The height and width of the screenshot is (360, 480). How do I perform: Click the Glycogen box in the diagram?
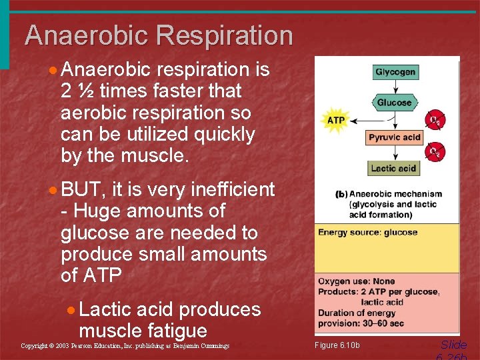(395, 72)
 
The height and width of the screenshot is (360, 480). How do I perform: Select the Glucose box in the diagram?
(395, 103)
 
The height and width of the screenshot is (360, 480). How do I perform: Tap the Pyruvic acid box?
(395, 137)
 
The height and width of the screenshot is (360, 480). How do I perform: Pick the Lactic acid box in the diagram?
(393, 168)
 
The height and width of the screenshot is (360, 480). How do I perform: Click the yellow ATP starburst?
(335, 121)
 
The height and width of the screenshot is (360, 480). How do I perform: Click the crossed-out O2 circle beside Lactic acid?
(435, 153)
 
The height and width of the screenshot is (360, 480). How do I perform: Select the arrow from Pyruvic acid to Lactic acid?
(395, 153)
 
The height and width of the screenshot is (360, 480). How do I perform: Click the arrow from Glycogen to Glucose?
(395, 87)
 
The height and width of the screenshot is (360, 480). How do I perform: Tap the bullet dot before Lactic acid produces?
(71, 310)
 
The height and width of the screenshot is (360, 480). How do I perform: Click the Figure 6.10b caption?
(337, 345)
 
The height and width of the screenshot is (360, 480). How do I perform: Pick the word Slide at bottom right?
(453, 345)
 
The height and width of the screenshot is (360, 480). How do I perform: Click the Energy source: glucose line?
(367, 233)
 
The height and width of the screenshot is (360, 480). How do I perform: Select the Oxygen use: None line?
(356, 281)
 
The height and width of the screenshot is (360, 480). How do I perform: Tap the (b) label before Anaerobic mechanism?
(341, 195)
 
